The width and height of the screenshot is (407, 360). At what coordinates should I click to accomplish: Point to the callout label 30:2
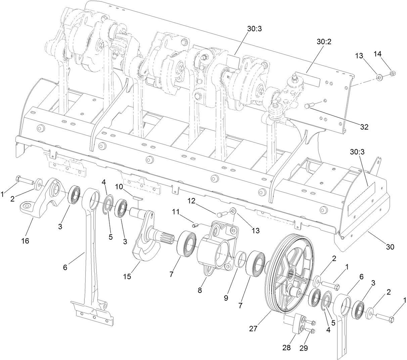(x=324, y=42)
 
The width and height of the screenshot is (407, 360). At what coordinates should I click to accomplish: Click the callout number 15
(x=127, y=276)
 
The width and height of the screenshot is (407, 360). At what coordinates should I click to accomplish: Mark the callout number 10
(x=128, y=186)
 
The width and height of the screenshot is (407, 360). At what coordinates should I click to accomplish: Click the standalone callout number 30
(x=390, y=247)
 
